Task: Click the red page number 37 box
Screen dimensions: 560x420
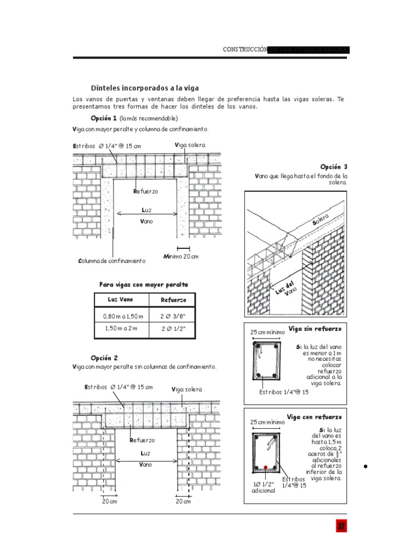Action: (x=341, y=527)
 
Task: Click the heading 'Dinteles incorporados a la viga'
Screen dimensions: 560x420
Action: (x=144, y=87)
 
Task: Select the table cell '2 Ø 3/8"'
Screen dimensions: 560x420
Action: (x=173, y=316)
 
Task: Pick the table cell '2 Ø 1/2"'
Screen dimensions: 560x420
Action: (x=173, y=328)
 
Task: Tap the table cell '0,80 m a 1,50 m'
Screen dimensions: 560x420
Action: (x=122, y=316)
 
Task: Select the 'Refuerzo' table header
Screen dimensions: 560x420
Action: (x=173, y=300)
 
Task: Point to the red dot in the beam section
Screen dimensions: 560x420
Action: (x=265, y=468)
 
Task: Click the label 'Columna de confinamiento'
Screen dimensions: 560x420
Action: (x=112, y=261)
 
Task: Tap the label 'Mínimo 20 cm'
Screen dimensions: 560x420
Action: (x=181, y=256)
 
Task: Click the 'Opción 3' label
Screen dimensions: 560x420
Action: (x=334, y=167)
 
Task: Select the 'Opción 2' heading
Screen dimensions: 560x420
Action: (x=104, y=358)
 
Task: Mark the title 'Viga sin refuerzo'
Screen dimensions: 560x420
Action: (x=314, y=329)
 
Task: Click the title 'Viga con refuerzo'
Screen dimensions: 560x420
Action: (x=314, y=417)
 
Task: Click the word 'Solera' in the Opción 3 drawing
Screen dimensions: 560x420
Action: (x=321, y=220)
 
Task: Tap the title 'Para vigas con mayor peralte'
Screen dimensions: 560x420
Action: (x=143, y=284)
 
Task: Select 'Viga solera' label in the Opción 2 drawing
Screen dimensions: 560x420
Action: (x=186, y=389)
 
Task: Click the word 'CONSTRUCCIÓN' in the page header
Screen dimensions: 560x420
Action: (x=245, y=50)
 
